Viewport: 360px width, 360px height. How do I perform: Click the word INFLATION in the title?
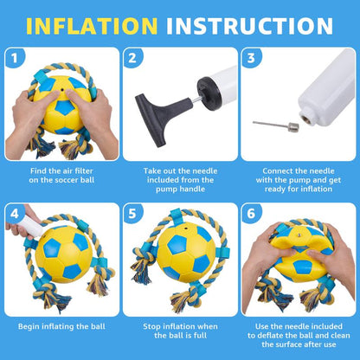[x=93, y=23]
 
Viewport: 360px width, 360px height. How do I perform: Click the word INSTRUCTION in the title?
[x=249, y=23]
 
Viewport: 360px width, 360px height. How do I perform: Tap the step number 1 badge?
[x=15, y=60]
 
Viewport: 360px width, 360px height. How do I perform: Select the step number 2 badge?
[x=132, y=60]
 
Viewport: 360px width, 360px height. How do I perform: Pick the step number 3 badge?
[x=250, y=60]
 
